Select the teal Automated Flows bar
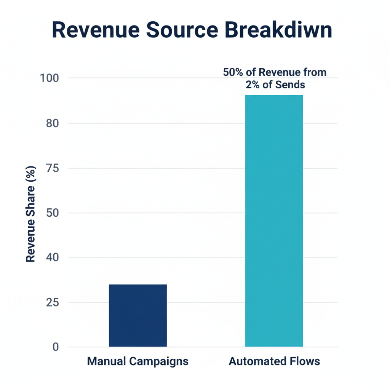[x=274, y=221]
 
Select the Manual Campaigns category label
[x=137, y=361]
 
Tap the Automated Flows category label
[x=274, y=361]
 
